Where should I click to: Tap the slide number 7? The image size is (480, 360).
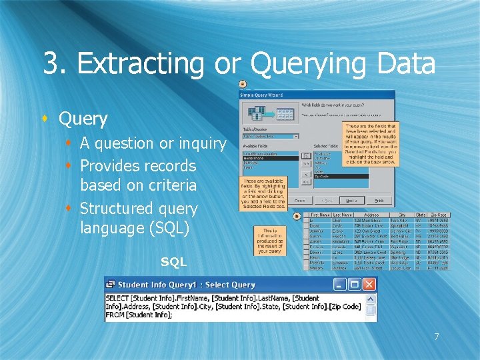coord(437,336)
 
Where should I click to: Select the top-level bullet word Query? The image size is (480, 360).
coord(83,119)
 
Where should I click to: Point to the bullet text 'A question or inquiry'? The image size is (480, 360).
coord(153,143)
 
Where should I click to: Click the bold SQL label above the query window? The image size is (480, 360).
coord(173,263)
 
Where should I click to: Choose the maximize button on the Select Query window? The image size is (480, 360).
coord(355,285)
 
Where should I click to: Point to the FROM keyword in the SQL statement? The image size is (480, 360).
coord(115,315)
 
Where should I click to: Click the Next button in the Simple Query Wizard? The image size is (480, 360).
coord(350,200)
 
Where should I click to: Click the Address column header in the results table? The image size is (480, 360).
coord(371,215)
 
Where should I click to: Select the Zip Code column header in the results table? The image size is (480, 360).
coord(438,215)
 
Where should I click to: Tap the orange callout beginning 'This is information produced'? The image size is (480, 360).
coord(271,241)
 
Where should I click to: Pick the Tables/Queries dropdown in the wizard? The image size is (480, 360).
coord(270,136)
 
